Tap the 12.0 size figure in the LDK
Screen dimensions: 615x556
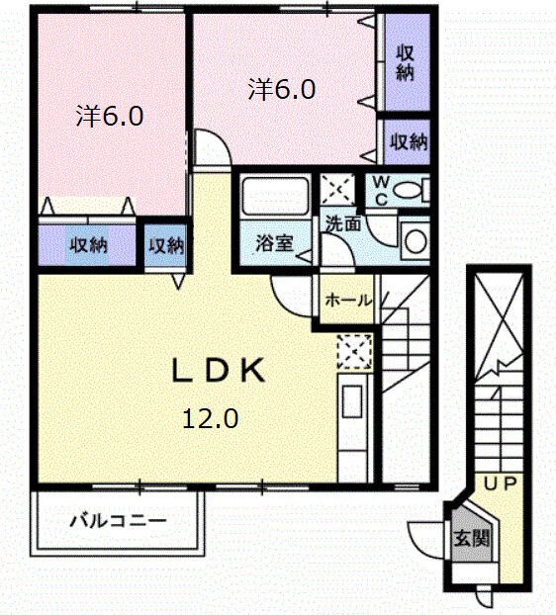(x=209, y=418)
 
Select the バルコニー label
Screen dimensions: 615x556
(x=118, y=520)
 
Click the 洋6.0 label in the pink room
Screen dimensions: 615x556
(x=282, y=90)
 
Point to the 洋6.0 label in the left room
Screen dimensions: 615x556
(x=111, y=117)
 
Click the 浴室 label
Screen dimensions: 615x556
(x=274, y=243)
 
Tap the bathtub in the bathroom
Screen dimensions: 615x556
(x=274, y=198)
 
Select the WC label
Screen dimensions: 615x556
(x=380, y=191)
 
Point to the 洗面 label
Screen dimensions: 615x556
(x=344, y=224)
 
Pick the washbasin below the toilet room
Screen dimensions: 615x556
(x=416, y=239)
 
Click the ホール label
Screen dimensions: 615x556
(x=347, y=300)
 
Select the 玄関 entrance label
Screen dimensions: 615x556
(x=470, y=539)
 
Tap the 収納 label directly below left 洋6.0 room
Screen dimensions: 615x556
(x=87, y=245)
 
